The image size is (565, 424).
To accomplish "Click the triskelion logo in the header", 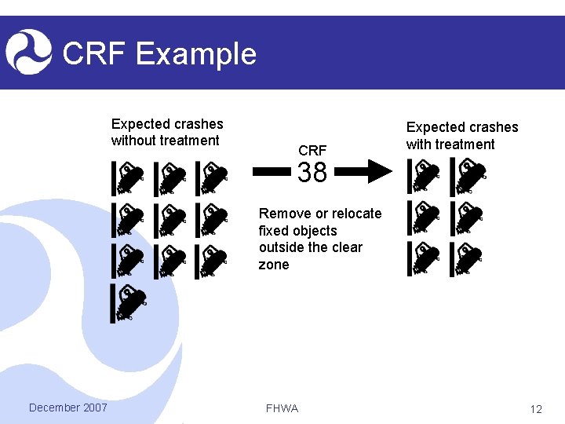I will pyautogui.click(x=28, y=51).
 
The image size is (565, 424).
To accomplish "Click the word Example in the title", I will pyautogui.click(x=195, y=54).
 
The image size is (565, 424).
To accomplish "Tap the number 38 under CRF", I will pyautogui.click(x=312, y=173).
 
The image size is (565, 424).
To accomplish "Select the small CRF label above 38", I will pyautogui.click(x=312, y=150).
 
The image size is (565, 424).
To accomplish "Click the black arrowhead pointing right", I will pyautogui.click(x=380, y=172).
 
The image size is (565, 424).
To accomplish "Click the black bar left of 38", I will pyautogui.click(x=272, y=172).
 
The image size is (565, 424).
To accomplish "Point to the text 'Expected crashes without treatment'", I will pyautogui.click(x=167, y=132).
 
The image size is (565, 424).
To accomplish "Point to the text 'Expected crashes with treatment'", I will pyautogui.click(x=461, y=135).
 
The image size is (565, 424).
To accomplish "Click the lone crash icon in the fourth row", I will pyautogui.click(x=129, y=304).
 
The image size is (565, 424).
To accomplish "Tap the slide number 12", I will pyautogui.click(x=536, y=409).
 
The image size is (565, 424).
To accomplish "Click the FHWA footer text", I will pyautogui.click(x=282, y=408).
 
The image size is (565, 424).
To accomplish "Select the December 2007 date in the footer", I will pyautogui.click(x=67, y=407).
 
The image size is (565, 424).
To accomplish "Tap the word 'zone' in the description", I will pyautogui.click(x=274, y=265).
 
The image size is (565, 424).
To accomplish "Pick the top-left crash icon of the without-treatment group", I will pyautogui.click(x=129, y=178).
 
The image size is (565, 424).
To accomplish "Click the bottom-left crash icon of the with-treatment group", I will pyautogui.click(x=425, y=259).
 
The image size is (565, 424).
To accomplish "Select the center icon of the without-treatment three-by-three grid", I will pyautogui.click(x=170, y=220).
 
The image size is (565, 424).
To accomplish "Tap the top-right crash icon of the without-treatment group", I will pyautogui.click(x=212, y=178).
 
